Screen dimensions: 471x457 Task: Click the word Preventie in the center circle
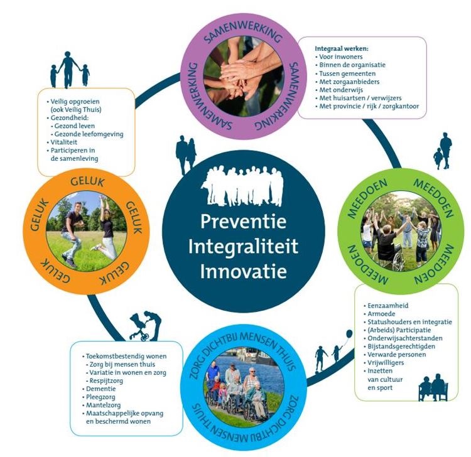[x=243, y=222]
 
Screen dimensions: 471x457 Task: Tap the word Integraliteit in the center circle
[x=243, y=246]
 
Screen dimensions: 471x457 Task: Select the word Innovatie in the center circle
[x=243, y=271]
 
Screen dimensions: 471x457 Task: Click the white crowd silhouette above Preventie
[x=242, y=187]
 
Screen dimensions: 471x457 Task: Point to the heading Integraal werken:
[x=342, y=48]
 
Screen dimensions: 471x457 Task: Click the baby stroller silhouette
[x=139, y=327]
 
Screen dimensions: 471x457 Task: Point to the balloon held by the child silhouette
[x=349, y=333]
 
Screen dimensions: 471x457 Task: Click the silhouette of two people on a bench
[x=433, y=388]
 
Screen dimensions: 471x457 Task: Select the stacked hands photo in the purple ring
[x=244, y=77]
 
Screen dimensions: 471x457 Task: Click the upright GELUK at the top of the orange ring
[x=87, y=181]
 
